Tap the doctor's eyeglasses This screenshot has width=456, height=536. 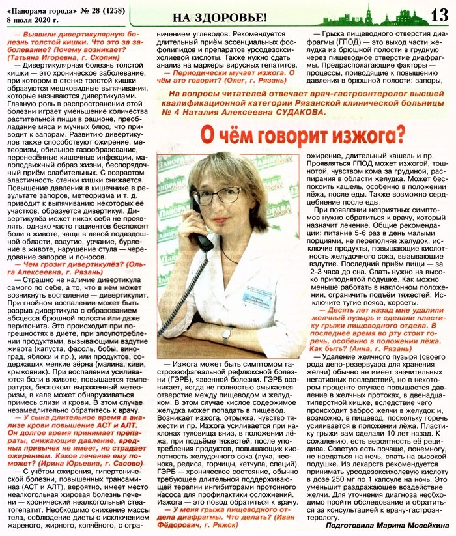(226, 194)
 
